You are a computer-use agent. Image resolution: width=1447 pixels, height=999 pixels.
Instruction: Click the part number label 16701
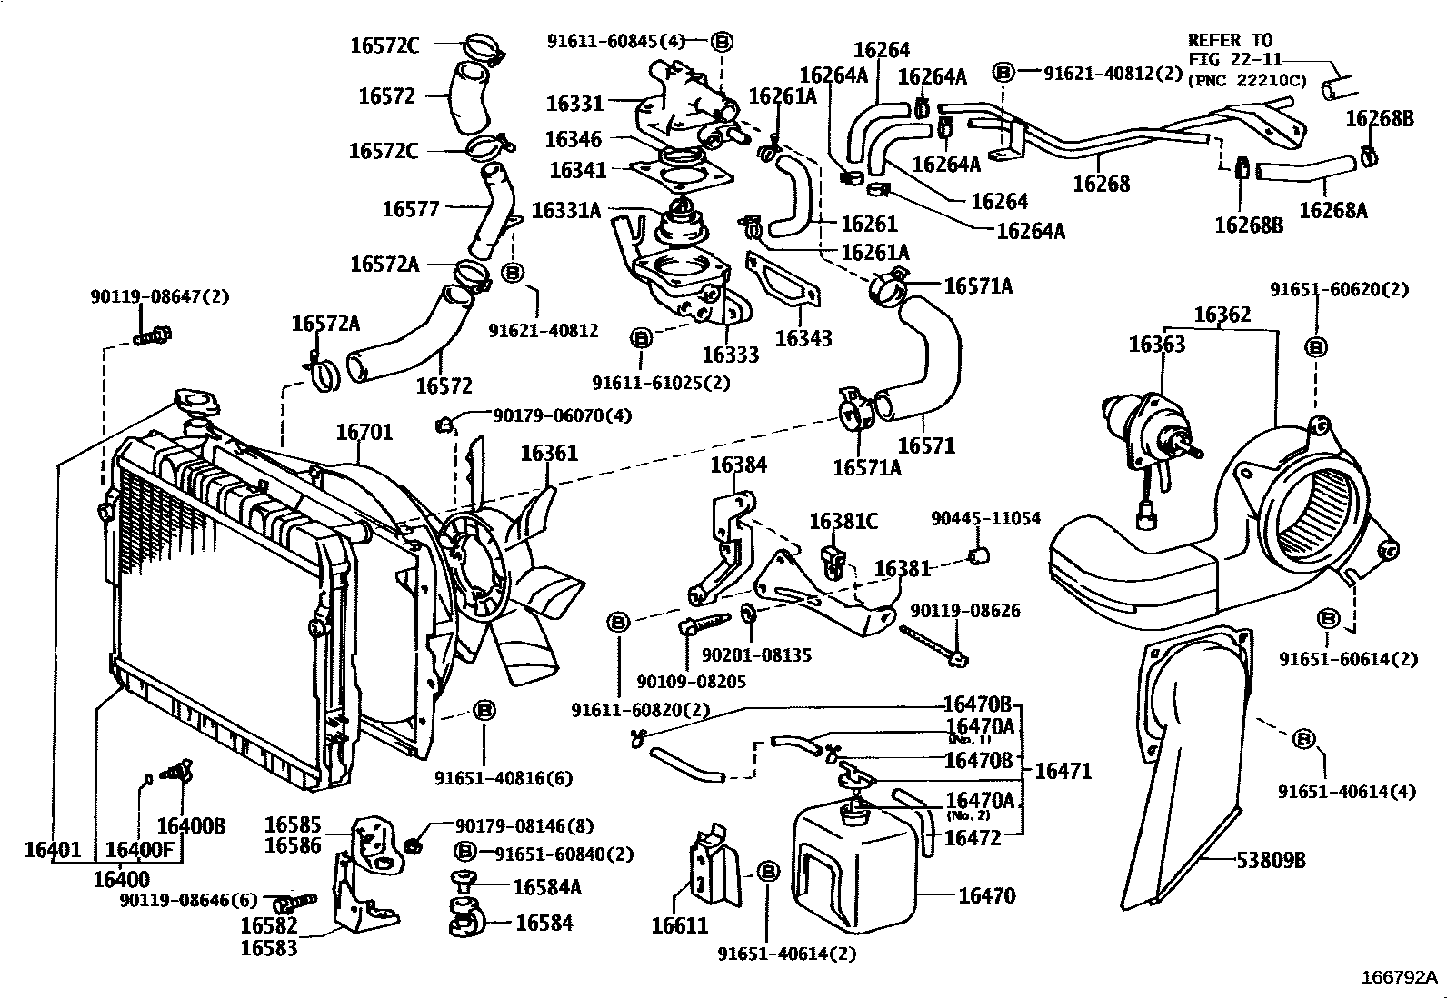364,432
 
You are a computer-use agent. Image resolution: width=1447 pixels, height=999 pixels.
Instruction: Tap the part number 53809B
1270,859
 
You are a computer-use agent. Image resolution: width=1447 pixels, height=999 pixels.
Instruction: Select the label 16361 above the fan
548,452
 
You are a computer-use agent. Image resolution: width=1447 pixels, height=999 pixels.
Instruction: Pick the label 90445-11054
985,518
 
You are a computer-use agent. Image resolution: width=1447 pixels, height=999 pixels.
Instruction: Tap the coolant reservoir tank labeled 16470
854,873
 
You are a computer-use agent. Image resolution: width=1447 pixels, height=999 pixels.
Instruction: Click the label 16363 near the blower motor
1156,344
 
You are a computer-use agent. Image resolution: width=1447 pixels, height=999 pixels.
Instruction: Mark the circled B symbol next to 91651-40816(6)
484,710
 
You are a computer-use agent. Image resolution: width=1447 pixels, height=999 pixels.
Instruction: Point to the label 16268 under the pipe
1101,184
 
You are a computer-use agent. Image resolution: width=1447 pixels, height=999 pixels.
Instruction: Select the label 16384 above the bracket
737,465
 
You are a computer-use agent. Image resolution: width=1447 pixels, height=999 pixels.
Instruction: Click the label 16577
410,209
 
